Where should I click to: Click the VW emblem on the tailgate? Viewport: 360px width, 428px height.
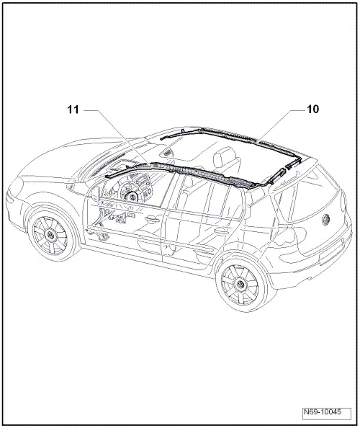pos(325,219)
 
